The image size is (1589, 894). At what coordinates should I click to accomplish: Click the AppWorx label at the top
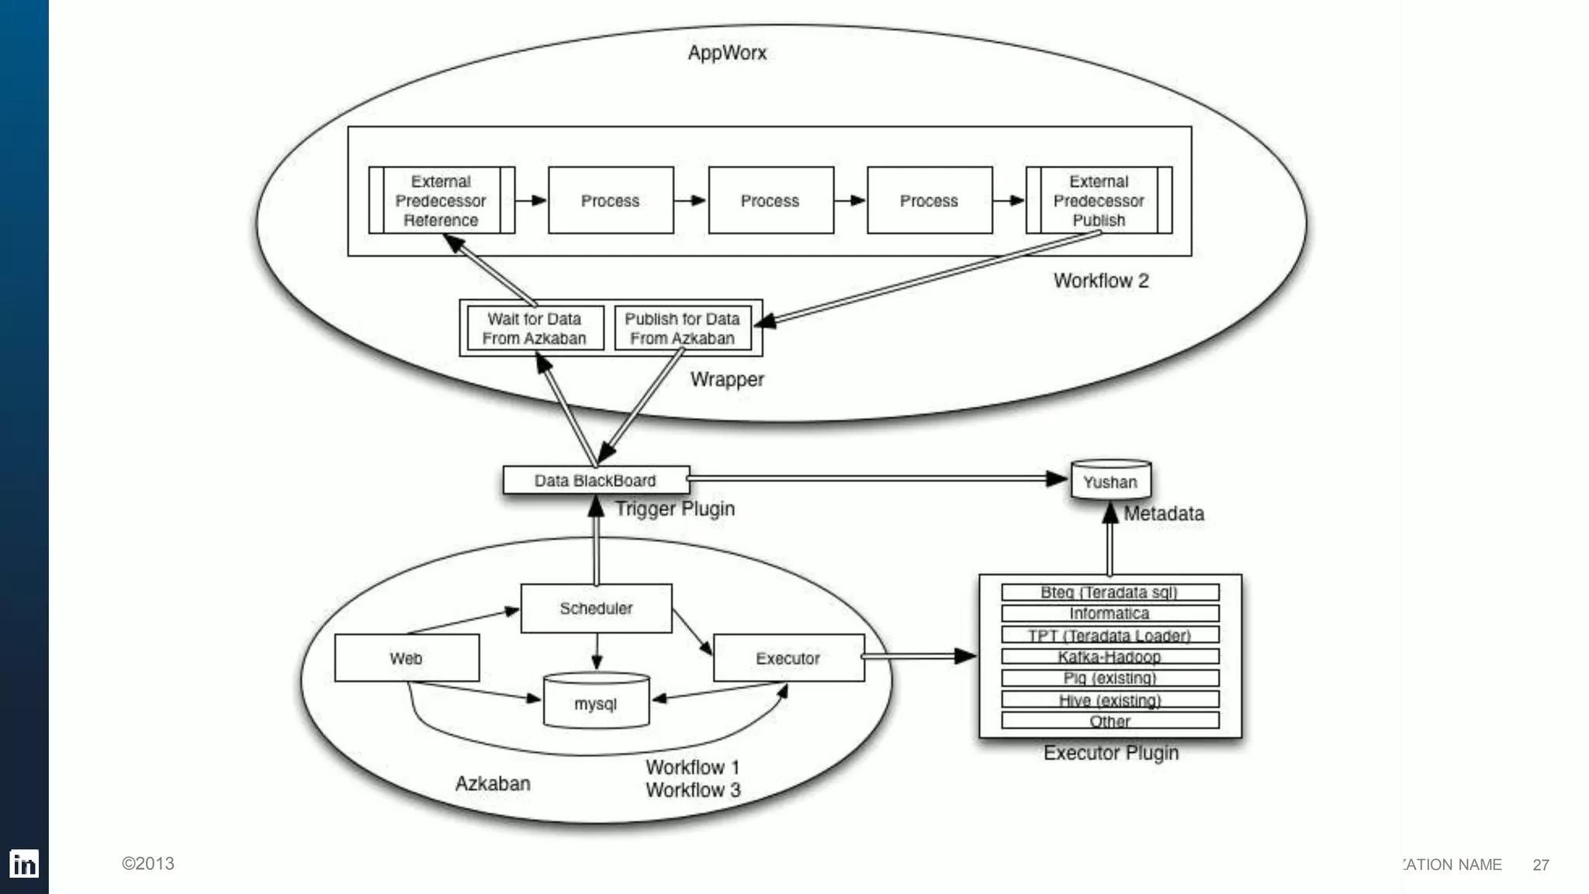[727, 53]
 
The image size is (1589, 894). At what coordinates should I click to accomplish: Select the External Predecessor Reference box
[441, 200]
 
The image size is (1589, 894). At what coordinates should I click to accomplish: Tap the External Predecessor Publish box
[1099, 200]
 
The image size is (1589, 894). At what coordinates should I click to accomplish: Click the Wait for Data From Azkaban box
[535, 329]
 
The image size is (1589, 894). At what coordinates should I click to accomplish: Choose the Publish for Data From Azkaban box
[682, 329]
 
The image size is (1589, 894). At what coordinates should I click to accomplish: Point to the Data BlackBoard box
[595, 481]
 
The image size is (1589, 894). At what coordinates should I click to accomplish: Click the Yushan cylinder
[1110, 482]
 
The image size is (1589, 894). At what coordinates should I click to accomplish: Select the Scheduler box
[596, 609]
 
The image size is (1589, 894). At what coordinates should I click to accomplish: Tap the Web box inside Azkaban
[407, 658]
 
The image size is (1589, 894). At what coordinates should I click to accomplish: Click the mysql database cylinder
[596, 702]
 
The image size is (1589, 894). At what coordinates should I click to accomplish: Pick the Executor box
[788, 658]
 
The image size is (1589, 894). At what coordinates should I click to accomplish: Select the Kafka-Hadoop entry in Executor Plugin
[1110, 657]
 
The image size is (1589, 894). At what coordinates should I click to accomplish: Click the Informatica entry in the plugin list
[1110, 613]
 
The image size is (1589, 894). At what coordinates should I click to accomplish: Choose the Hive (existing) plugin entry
[1110, 700]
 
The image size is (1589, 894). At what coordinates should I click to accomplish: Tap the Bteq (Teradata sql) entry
[1110, 592]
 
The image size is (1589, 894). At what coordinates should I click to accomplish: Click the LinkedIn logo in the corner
[24, 864]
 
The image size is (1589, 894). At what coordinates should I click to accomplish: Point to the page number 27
[1541, 865]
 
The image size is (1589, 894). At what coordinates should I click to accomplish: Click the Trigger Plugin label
[675, 509]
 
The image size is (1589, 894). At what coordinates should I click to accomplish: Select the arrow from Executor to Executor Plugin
[919, 657]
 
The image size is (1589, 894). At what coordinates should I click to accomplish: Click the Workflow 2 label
[1100, 281]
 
